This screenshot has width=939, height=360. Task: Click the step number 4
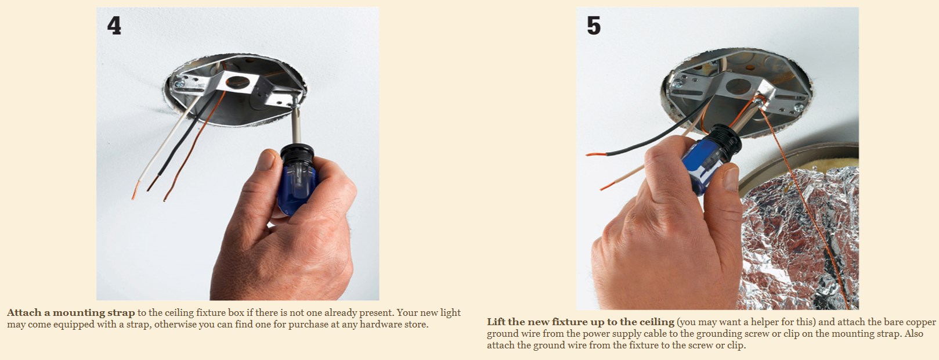tap(114, 26)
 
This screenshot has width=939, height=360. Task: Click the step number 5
tap(594, 26)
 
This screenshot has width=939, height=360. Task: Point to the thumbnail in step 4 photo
tap(265, 160)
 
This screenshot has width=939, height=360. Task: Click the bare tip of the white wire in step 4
tap(135, 190)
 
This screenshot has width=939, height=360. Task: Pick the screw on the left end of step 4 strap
tap(179, 84)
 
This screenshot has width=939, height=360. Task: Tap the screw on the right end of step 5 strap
tap(799, 108)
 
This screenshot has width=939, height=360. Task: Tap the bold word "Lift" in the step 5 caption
tap(496, 322)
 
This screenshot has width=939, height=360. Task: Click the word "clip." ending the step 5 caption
tap(738, 345)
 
